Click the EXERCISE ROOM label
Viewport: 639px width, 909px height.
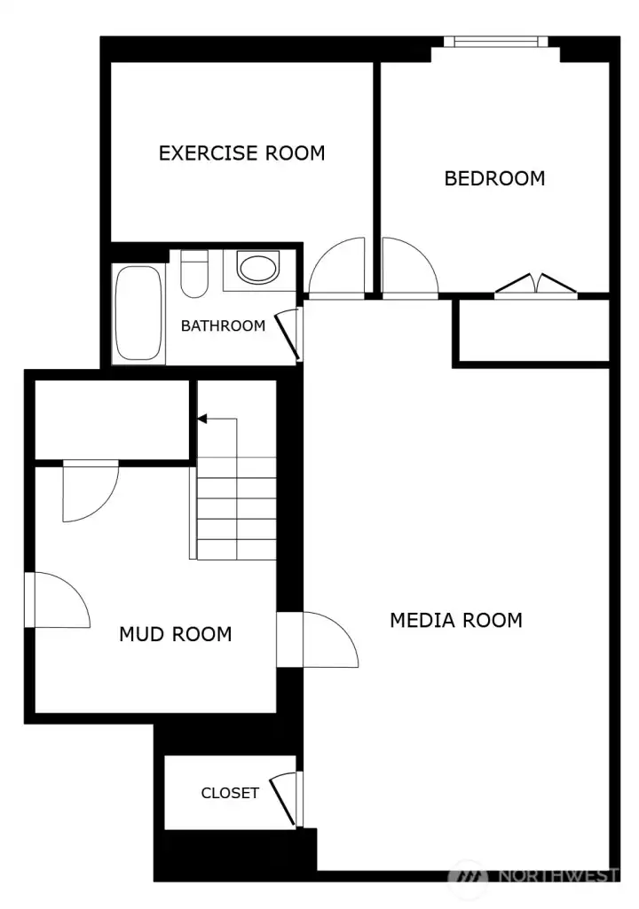241,153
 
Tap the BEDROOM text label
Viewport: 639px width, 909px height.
494,178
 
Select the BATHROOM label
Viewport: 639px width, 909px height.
223,325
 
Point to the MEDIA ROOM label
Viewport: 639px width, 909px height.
456,620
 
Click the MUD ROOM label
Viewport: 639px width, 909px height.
175,634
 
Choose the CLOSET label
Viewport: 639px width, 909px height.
230,793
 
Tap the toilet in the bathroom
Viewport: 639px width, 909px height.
193,274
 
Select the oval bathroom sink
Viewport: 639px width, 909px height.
257,269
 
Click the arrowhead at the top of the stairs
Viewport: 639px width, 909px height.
202,419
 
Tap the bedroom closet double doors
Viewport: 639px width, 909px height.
536,286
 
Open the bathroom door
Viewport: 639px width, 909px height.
289,334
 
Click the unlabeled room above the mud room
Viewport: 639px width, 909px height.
113,419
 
